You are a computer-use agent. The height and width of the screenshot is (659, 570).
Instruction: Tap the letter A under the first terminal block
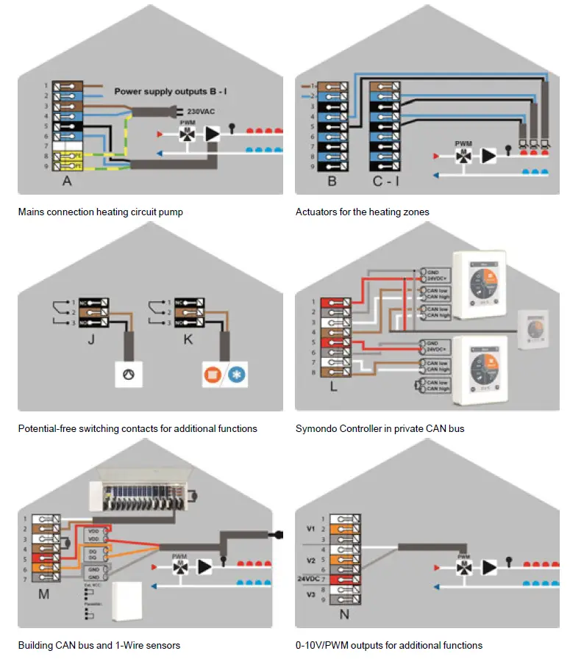tap(67, 181)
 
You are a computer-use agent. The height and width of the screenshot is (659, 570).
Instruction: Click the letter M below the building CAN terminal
tap(44, 594)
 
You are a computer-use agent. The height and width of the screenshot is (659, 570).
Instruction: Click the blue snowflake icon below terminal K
tap(238, 374)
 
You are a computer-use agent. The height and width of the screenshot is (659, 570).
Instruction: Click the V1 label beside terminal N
tap(310, 529)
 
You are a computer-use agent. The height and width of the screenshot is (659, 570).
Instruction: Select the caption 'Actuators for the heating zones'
tap(363, 212)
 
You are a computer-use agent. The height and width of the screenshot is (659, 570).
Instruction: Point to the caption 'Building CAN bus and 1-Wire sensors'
tap(99, 645)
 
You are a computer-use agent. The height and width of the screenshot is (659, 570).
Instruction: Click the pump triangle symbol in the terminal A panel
tap(212, 134)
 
